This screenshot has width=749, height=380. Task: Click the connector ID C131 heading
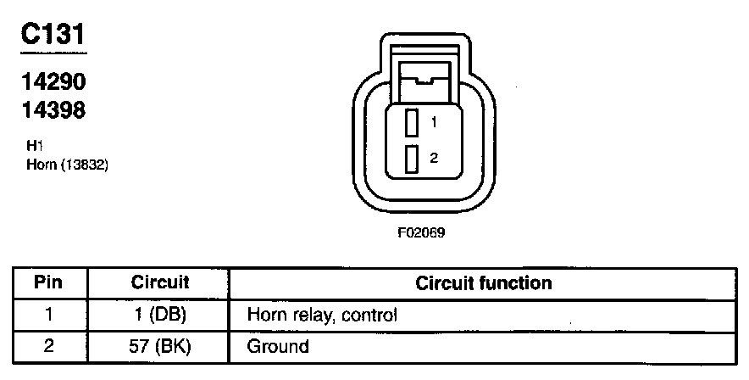pyautogui.click(x=53, y=36)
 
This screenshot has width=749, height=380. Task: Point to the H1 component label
pyautogui.click(x=36, y=146)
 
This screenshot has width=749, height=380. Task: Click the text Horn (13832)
pyautogui.click(x=68, y=164)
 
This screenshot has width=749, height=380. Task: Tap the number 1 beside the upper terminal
pyautogui.click(x=433, y=122)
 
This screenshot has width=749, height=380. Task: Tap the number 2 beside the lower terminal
pyautogui.click(x=433, y=158)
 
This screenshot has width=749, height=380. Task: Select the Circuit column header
pyautogui.click(x=159, y=282)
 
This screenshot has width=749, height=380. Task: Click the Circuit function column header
pyautogui.click(x=483, y=282)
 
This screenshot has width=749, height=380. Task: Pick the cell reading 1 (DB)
pyautogui.click(x=159, y=315)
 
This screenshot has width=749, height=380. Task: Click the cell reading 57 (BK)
pyautogui.click(x=159, y=346)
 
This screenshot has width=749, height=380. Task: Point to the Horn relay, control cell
pyautogui.click(x=322, y=315)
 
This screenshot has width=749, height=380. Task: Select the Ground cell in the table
pyautogui.click(x=278, y=346)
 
